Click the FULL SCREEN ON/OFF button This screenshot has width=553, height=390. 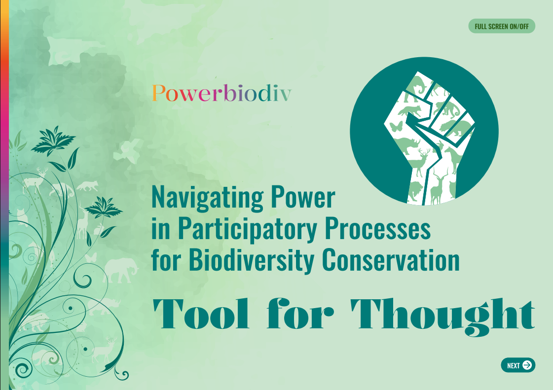[x=501, y=26]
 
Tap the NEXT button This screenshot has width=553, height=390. [x=518, y=365]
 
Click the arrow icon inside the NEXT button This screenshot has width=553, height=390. [x=527, y=365]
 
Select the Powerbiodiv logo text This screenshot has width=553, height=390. [x=221, y=93]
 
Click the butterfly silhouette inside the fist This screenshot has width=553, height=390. [x=396, y=126]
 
